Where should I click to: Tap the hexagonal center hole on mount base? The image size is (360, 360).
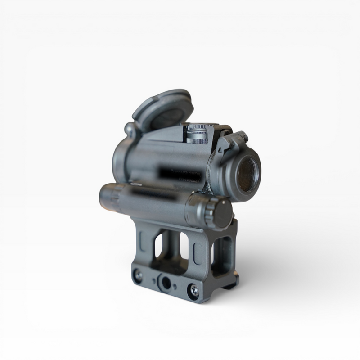pyautogui.click(x=166, y=283)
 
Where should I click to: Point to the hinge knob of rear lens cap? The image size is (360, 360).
pyautogui.click(x=130, y=130)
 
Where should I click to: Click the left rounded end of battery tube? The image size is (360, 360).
pyautogui.click(x=104, y=198)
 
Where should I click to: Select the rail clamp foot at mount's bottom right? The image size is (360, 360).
pyautogui.click(x=227, y=283)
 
